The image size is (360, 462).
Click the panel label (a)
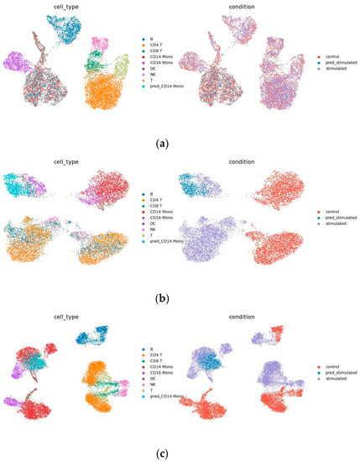click(x=180, y=144)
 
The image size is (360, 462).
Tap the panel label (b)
click(x=180, y=297)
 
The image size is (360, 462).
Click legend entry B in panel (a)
click(x=152, y=39)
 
